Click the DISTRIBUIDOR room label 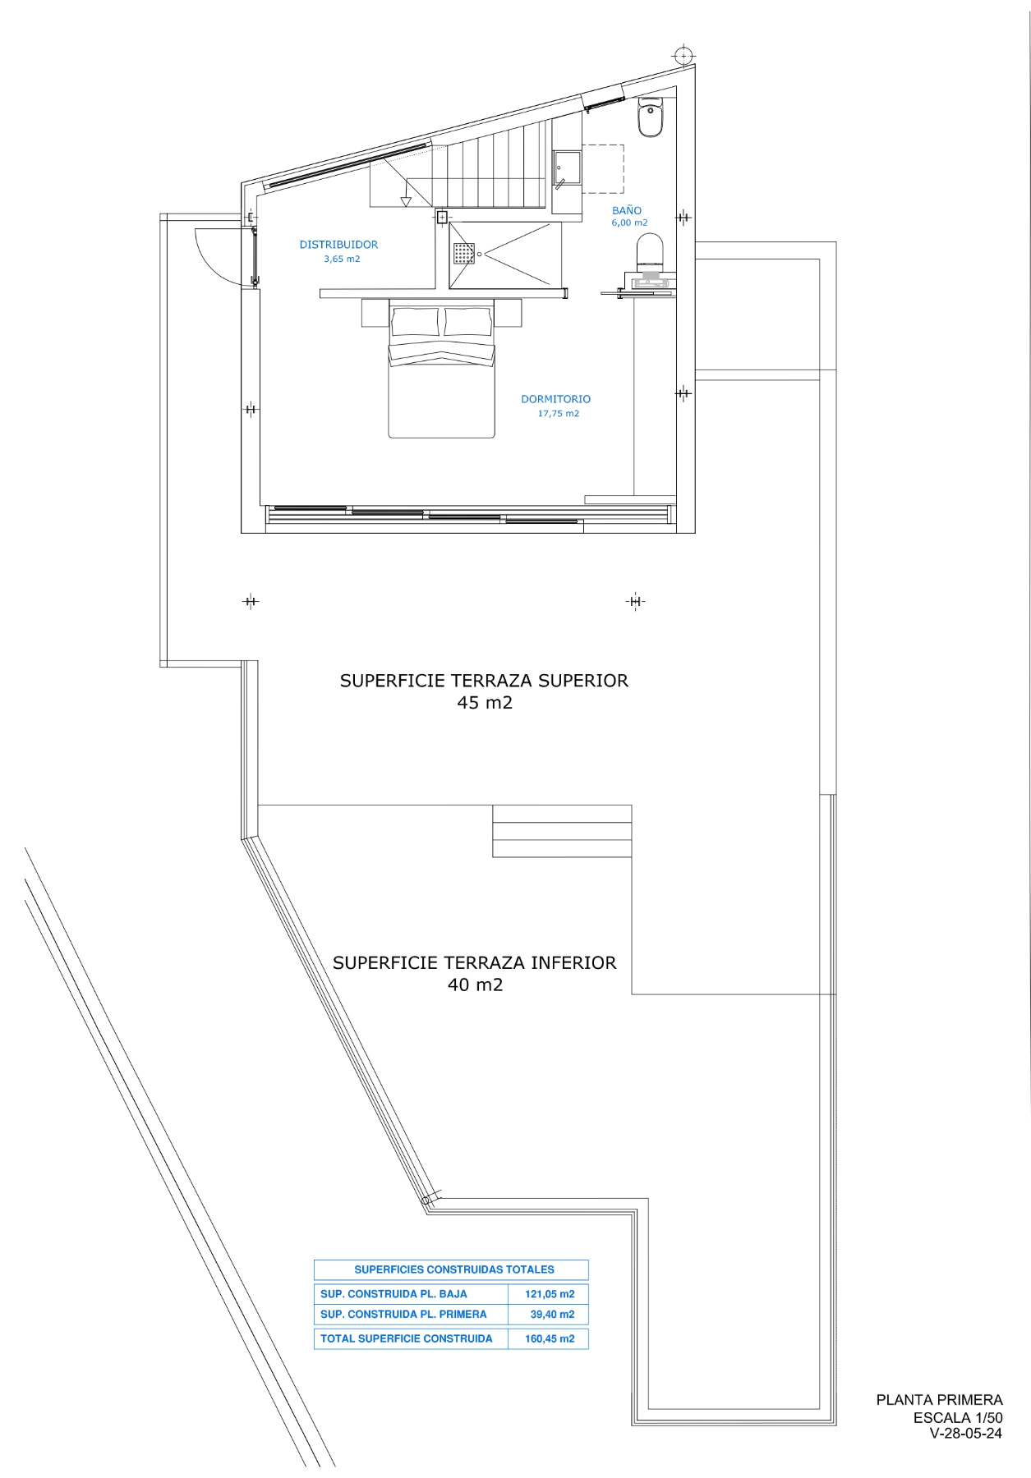pos(338,245)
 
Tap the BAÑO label pos(627,210)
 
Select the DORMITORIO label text pos(555,399)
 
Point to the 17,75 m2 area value pos(559,414)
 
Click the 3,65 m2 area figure pos(342,259)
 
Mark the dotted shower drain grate pos(464,253)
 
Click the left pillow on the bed pos(415,321)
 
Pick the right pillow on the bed pos(468,321)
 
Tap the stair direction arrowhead pos(405,202)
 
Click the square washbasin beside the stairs pos(567,168)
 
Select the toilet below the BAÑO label pos(650,252)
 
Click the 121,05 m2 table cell pos(550,1294)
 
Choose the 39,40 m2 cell pos(552,1315)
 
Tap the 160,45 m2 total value pos(550,1338)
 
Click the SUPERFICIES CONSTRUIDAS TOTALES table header pos(454,1269)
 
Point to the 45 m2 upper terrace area pos(485,703)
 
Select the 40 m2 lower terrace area pos(475,985)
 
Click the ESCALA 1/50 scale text pos(958,1418)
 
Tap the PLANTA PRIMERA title pos(939,1400)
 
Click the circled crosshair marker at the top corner pos(683,56)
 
